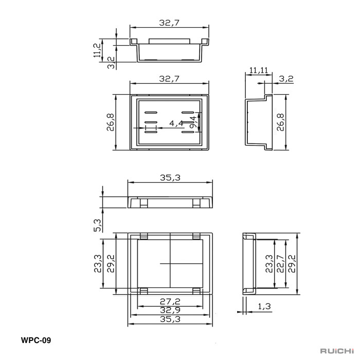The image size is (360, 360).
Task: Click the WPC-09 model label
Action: [36, 340]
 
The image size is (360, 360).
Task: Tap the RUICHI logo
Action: [337, 351]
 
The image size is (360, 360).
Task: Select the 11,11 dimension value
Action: [259, 70]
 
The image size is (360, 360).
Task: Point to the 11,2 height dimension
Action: [97, 50]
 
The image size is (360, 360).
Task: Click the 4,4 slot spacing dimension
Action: [176, 123]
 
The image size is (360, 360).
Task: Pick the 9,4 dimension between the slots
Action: [193, 122]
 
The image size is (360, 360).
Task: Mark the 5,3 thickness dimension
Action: [97, 225]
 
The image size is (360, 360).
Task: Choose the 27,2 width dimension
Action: [170, 301]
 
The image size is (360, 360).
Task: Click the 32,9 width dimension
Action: [170, 310]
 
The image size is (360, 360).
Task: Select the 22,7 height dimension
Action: [281, 263]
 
